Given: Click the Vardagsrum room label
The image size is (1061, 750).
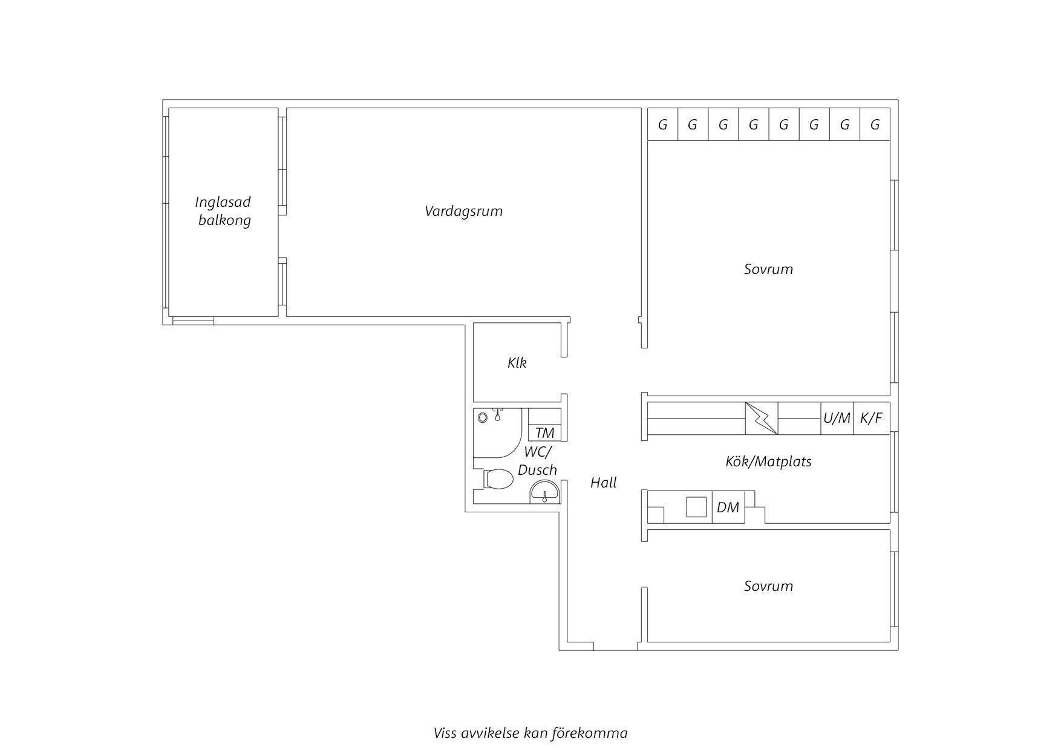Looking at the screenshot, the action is point(463,212).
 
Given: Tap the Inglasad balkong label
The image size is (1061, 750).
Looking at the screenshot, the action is point(224,211).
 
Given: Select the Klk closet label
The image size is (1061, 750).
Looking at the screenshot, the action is point(517,363).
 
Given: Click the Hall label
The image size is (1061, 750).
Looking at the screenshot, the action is point(604,483).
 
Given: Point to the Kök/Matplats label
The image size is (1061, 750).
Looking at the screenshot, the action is point(768,461).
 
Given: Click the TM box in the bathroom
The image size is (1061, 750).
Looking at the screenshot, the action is point(545,433).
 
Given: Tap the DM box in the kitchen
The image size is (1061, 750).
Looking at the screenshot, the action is point(728,507).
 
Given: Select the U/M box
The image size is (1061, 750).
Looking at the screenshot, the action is point(837,418).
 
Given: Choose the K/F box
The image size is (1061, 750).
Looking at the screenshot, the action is point(872,418).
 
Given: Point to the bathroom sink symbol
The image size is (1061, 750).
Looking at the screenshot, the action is point(545,492).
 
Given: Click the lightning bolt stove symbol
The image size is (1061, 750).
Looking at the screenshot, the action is point(762,418).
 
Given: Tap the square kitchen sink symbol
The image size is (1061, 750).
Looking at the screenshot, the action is point(696,507).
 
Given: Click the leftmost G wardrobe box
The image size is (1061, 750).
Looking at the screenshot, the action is point(663,125).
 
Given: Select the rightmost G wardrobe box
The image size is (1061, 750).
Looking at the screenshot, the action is point(875,125).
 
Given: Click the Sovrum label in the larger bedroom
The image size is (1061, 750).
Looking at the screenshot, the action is point(768,269).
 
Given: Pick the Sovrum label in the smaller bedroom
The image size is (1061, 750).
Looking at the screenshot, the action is point(768,586).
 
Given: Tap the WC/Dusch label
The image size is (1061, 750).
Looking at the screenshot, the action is point(537,461).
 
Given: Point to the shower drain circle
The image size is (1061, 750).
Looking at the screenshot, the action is point(482,417).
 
